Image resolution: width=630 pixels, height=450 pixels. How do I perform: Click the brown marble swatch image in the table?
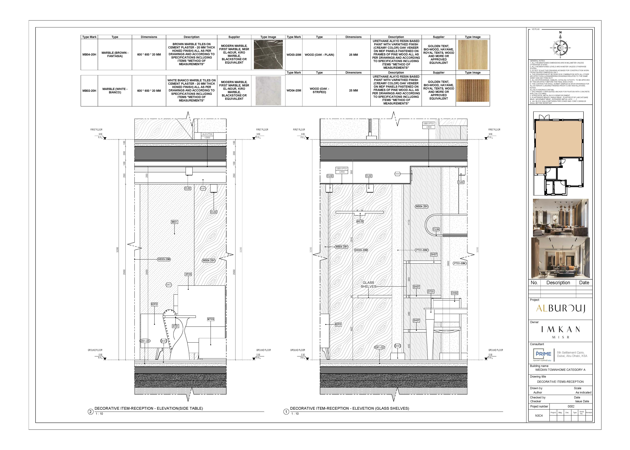[268, 55]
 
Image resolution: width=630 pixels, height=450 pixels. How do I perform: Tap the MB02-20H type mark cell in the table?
[89, 91]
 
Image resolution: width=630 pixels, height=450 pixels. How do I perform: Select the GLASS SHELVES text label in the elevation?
[368, 285]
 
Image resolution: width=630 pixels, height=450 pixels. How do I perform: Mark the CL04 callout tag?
[436, 229]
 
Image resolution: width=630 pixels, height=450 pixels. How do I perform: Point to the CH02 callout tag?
[454, 293]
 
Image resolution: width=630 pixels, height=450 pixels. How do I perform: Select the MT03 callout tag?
[210, 319]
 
